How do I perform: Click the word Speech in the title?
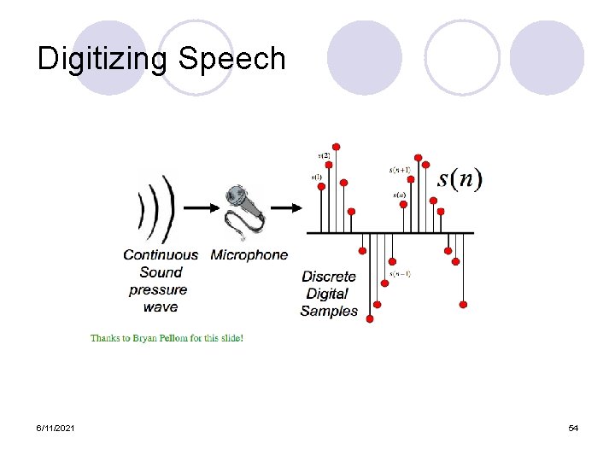point(232,59)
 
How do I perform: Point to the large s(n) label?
point(460,179)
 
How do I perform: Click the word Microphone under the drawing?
point(249,254)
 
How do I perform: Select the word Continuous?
point(161,254)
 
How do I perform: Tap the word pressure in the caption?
point(158,289)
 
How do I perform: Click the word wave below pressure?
point(161,306)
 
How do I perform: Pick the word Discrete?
point(329,277)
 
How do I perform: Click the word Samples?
point(329,312)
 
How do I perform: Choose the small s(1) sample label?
point(317,178)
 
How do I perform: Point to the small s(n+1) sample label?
point(400,170)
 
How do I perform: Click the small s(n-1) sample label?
point(400,273)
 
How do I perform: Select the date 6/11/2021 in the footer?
point(54,428)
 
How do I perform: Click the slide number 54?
point(573,428)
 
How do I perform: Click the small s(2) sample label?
point(325,155)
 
